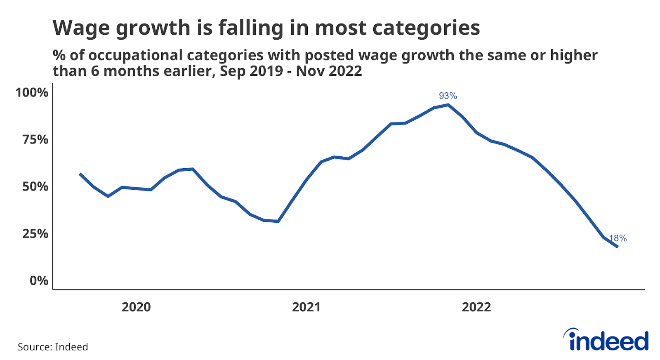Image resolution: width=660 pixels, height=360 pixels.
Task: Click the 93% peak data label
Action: [448, 96]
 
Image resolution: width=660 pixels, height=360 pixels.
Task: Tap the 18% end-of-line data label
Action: [618, 238]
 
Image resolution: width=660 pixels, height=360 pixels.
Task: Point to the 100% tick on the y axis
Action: [32, 92]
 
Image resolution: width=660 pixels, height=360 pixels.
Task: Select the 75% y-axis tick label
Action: [35, 139]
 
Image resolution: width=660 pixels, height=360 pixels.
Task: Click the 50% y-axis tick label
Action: [35, 186]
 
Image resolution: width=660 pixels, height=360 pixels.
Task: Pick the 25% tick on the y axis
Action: [35, 233]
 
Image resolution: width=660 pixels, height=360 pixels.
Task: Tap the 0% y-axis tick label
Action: [39, 280]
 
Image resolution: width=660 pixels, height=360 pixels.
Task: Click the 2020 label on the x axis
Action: [136, 307]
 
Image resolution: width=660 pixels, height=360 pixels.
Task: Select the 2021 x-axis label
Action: [306, 307]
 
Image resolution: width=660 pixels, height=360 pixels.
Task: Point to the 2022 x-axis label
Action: [476, 307]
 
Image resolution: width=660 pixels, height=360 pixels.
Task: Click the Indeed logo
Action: [606, 340]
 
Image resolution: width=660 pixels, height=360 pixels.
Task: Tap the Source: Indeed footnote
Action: [53, 347]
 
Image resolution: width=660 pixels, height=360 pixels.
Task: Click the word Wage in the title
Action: [80, 28]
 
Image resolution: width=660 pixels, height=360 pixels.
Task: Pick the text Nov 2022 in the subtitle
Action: [329, 71]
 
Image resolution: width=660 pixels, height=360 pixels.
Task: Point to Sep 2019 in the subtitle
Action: [251, 71]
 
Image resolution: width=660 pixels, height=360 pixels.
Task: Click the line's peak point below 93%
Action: [448, 105]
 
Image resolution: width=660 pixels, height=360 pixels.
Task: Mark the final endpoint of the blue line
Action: [618, 247]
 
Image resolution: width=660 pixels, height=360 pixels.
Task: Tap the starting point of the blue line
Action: [80, 174]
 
